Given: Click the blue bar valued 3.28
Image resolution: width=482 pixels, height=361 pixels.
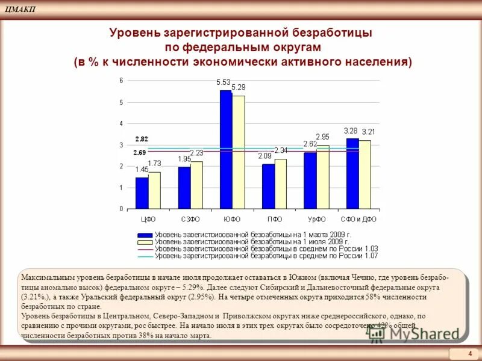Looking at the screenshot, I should pyautogui.click(x=352, y=173).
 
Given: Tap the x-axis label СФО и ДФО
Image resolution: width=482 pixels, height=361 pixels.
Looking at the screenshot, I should pyautogui.click(x=358, y=219).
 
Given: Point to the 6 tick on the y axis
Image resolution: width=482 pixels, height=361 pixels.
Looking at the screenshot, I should pyautogui.click(x=121, y=81).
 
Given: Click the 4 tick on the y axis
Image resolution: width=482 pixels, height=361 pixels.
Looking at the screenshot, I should pyautogui.click(x=121, y=123).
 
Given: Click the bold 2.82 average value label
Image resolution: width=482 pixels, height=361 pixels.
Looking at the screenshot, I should pyautogui.click(x=142, y=139).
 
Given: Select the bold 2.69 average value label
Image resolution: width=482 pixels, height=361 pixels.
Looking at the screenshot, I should pyautogui.click(x=140, y=153).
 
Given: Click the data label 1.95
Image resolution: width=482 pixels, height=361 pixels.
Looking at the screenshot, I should pyautogui.click(x=184, y=159).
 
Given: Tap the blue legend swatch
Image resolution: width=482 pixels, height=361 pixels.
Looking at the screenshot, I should pyautogui.click(x=145, y=235).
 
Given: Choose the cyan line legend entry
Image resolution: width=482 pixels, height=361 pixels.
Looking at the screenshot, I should pyautogui.click(x=145, y=256).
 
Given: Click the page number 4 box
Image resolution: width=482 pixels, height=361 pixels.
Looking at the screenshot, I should pyautogui.click(x=469, y=353).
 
